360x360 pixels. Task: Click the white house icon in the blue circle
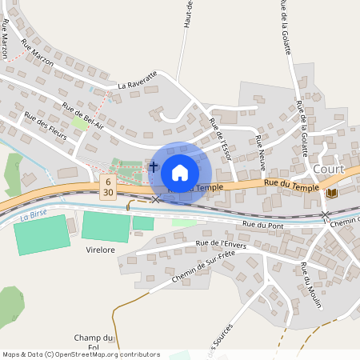click(180, 172)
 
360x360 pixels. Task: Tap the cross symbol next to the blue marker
click(154, 167)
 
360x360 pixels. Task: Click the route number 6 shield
click(107, 183)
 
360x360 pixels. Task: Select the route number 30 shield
click(107, 194)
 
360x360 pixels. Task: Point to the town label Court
click(329, 169)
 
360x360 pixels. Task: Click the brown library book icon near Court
click(331, 192)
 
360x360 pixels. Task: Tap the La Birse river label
click(35, 216)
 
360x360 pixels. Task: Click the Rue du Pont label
click(263, 226)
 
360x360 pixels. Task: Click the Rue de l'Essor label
click(220, 138)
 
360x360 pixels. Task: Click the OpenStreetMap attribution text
click(80, 354)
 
